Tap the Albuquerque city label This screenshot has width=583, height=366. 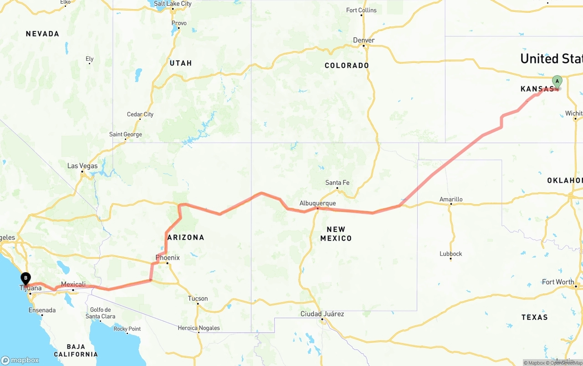pyautogui.click(x=317, y=203)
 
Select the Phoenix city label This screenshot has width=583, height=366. pyautogui.click(x=168, y=258)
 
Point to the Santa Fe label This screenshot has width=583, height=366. pyautogui.click(x=337, y=183)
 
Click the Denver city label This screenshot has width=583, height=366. pyautogui.click(x=364, y=40)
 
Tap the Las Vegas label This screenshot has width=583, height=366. pyautogui.click(x=82, y=166)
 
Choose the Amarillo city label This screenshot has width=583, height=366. pyautogui.click(x=451, y=199)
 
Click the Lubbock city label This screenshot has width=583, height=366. pyautogui.click(x=451, y=254)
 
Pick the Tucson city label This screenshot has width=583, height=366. pyautogui.click(x=198, y=299)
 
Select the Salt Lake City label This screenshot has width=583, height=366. pyautogui.click(x=173, y=4)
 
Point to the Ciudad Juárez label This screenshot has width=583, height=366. pyautogui.click(x=322, y=314)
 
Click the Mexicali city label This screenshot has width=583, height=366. pyautogui.click(x=73, y=284)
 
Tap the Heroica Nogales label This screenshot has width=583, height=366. pyautogui.click(x=199, y=328)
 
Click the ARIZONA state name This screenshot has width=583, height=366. pyautogui.click(x=185, y=237)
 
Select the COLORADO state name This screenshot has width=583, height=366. pyautogui.click(x=347, y=66)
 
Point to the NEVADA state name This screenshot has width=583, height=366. pyautogui.click(x=42, y=34)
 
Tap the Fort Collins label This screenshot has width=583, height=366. pyautogui.click(x=361, y=10)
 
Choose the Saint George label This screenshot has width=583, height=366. pyautogui.click(x=125, y=134)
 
